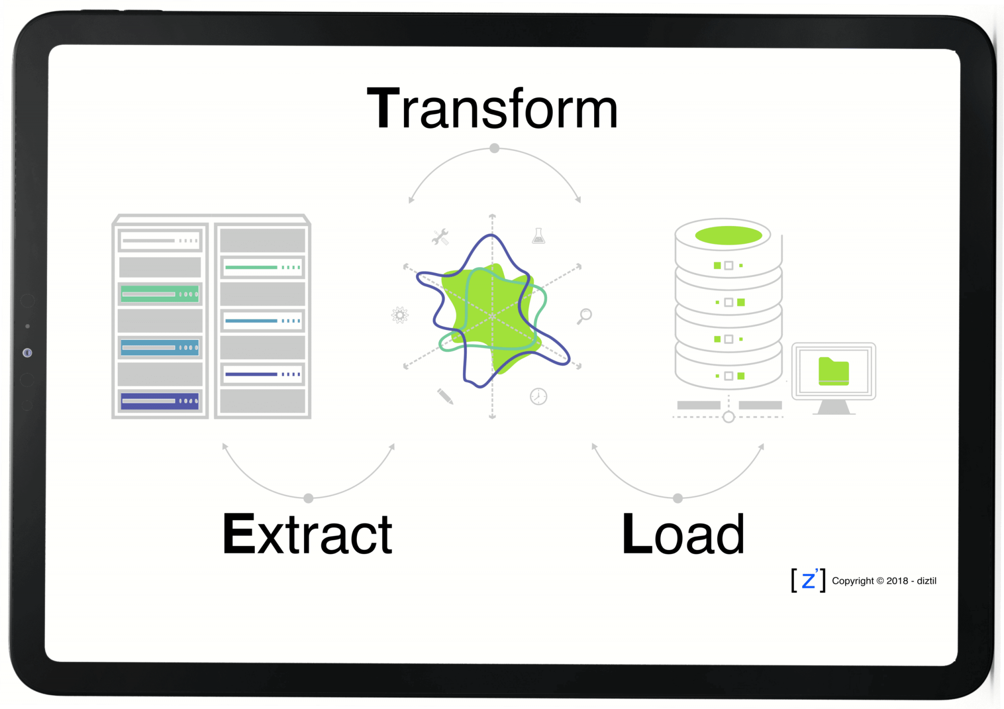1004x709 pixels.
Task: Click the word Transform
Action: (x=492, y=109)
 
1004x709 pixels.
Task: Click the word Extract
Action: (x=307, y=534)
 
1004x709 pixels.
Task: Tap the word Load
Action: (x=683, y=534)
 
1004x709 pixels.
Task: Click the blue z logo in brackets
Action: (x=808, y=581)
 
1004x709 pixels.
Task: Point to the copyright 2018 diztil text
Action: (x=884, y=581)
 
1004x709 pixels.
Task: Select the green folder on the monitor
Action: (x=833, y=371)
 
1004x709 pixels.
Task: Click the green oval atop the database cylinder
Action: (x=728, y=235)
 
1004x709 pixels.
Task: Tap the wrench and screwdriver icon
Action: (x=440, y=237)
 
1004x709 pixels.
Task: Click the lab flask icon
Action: (x=538, y=236)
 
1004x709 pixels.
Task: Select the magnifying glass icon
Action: (x=584, y=316)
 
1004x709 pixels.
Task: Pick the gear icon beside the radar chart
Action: (x=400, y=315)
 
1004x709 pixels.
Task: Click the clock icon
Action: (x=538, y=396)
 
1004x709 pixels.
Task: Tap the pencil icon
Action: (x=445, y=396)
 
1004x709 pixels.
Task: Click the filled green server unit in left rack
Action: (x=160, y=294)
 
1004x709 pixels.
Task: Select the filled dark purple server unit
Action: (x=160, y=401)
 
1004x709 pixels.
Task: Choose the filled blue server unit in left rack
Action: (x=160, y=348)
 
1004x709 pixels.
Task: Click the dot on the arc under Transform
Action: (x=495, y=148)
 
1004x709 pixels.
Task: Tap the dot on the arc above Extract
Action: (x=308, y=498)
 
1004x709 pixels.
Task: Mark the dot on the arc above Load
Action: (x=678, y=498)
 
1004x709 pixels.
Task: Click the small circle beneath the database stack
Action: (x=728, y=417)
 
